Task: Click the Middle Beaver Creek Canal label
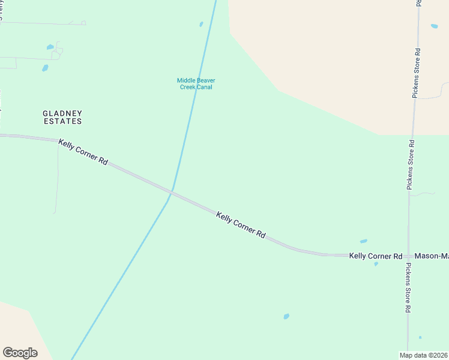click(x=196, y=83)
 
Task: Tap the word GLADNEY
click(x=62, y=113)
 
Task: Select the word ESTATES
click(x=62, y=121)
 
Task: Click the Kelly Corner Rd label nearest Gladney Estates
click(x=83, y=152)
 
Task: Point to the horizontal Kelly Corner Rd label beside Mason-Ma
click(x=376, y=256)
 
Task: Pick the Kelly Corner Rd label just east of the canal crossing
click(x=241, y=225)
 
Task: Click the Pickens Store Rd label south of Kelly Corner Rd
click(x=408, y=287)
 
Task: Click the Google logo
click(x=20, y=352)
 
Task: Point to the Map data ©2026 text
click(x=424, y=355)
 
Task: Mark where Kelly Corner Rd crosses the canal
click(x=172, y=193)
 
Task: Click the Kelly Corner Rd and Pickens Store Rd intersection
click(x=409, y=256)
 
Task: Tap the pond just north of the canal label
click(x=201, y=25)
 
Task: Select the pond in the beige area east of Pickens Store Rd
click(x=434, y=26)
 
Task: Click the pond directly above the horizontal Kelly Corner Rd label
click(x=363, y=241)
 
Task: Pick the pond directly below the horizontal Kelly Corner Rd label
click(x=376, y=264)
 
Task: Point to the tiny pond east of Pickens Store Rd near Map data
click(x=420, y=337)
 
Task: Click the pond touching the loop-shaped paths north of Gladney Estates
click(x=50, y=47)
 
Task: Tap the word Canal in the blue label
click(x=203, y=87)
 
